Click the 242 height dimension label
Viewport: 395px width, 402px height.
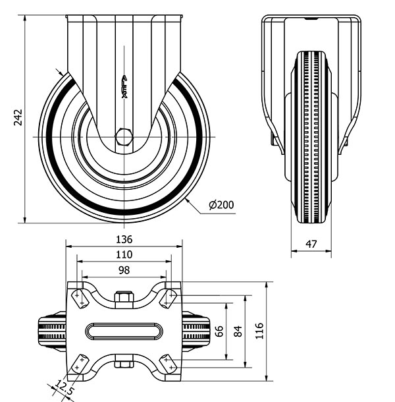(x=18, y=117)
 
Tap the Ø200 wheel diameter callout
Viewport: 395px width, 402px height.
(x=221, y=205)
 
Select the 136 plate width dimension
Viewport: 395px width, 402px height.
(x=124, y=239)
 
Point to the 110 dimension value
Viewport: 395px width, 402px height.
(x=124, y=254)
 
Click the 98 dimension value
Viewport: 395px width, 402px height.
(x=124, y=270)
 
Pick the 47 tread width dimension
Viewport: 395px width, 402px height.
(x=311, y=244)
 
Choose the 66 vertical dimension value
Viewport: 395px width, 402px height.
(x=219, y=331)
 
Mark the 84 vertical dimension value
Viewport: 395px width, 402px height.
(x=238, y=331)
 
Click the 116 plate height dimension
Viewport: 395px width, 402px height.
(x=259, y=331)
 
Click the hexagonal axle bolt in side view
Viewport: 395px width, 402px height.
(x=124, y=137)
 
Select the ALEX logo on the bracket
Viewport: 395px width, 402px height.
(x=124, y=86)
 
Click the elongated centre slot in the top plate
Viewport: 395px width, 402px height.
(x=124, y=331)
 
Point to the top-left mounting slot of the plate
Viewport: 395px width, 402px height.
(x=80, y=299)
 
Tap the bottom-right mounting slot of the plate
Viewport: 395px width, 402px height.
(x=169, y=364)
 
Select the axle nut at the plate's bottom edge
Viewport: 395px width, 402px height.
(x=124, y=362)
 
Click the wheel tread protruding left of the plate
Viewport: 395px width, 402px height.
(x=52, y=331)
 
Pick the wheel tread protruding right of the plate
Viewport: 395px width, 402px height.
(x=196, y=331)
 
